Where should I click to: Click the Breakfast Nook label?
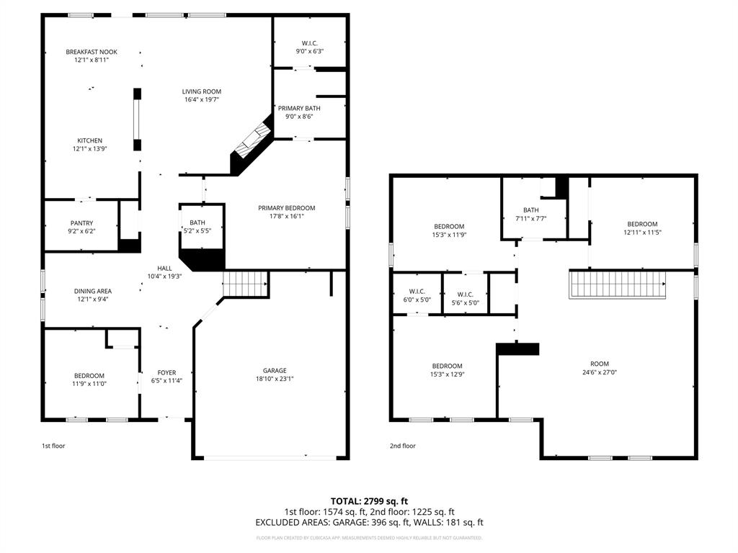pos(92,52)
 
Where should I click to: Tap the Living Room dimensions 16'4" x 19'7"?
pos(201,100)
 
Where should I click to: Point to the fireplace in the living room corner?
pos(252,144)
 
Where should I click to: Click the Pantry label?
pos(82,222)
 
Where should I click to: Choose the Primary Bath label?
pos(299,108)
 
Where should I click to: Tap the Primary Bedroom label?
pos(287,208)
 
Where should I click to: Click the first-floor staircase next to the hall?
pos(245,284)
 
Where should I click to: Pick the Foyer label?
pos(166,372)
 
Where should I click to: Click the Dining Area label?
pos(93,291)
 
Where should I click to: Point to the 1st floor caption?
pos(53,446)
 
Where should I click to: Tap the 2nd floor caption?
pos(403,446)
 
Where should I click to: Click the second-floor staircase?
pos(618,284)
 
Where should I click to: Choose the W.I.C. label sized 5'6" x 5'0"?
pos(465,294)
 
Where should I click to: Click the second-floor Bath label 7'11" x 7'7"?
pos(531,210)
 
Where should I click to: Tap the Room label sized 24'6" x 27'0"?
pos(599,364)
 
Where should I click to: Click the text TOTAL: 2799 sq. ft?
pos(369,501)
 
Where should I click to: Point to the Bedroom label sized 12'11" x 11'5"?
pos(641,224)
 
